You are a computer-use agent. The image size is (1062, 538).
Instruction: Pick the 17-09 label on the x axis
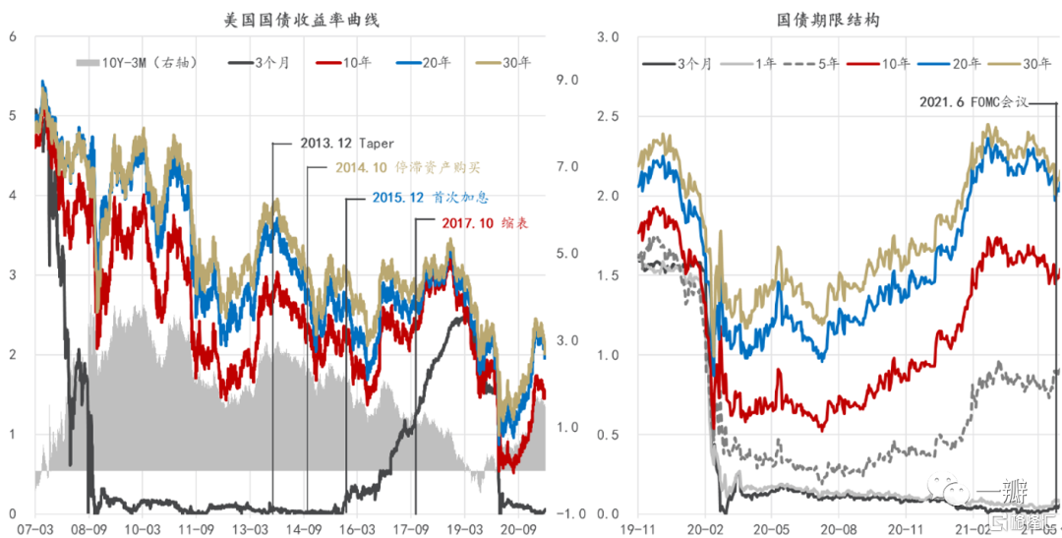coord(412,528)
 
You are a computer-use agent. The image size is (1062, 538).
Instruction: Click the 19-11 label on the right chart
coord(639,528)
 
